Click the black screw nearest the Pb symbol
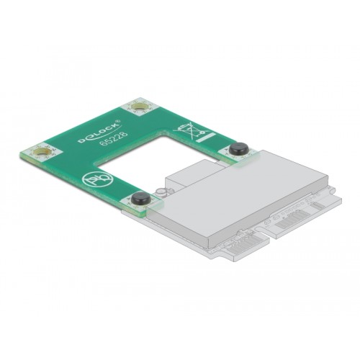(140, 198)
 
